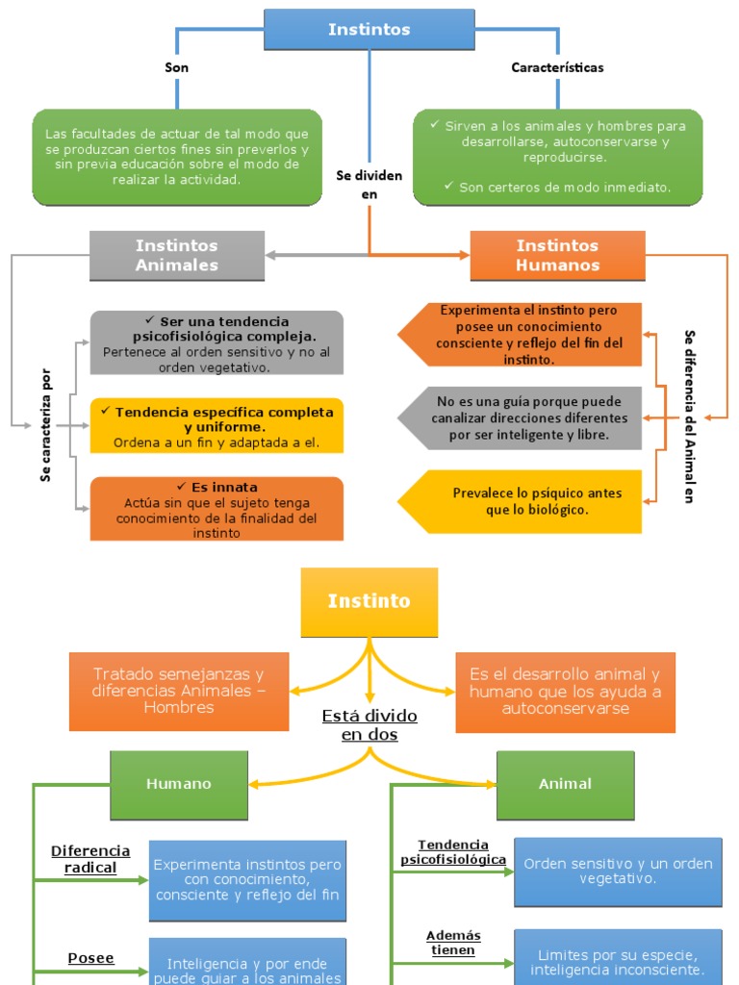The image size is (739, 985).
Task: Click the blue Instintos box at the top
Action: point(369,30)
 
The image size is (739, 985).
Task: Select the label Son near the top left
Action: point(176,67)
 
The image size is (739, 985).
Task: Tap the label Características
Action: point(557,67)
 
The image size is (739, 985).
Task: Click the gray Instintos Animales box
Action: point(177,255)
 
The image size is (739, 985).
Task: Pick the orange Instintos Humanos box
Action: point(557,255)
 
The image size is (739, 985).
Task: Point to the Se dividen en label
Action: point(369,185)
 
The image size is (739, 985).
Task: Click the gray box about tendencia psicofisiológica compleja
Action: point(217,342)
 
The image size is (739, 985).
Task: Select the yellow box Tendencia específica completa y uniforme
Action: point(217,426)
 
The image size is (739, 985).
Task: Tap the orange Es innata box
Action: point(217,509)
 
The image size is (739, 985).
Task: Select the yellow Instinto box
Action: point(369,602)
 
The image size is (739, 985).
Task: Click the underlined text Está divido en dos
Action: point(369,725)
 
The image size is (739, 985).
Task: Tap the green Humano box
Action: point(178,784)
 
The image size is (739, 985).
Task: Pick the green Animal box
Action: point(565,784)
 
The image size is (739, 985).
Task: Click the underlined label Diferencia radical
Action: point(90,859)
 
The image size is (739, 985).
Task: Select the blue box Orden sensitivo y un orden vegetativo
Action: point(618,871)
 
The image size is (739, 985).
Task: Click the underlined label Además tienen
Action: point(453,943)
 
